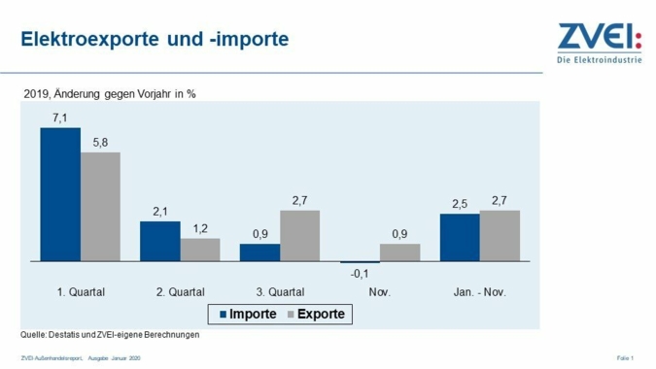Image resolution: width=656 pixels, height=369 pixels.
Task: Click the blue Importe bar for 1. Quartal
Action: pyautogui.click(x=60, y=194)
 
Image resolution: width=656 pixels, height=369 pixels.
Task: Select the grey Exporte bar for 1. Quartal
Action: pyautogui.click(x=100, y=207)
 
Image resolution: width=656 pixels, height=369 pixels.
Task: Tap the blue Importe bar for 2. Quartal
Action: pyautogui.click(x=160, y=242)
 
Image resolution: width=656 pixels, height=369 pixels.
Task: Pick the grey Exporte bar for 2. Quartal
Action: pyautogui.click(x=200, y=251)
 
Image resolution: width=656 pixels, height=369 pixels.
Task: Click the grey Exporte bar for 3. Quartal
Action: pyautogui.click(x=299, y=236)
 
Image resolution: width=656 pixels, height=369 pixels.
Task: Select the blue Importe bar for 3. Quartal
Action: pyautogui.click(x=259, y=252)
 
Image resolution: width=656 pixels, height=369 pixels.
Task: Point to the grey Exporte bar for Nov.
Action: pyautogui.click(x=399, y=252)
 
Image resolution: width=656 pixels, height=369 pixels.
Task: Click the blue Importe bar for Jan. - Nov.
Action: pyautogui.click(x=460, y=238)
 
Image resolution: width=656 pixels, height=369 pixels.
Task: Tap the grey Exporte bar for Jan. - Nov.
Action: pyautogui.click(x=500, y=236)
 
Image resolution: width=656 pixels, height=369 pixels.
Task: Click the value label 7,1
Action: pyautogui.click(x=60, y=118)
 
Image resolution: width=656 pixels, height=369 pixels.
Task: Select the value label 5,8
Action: pyautogui.click(x=100, y=143)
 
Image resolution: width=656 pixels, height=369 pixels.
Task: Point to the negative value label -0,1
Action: pyautogui.click(x=360, y=274)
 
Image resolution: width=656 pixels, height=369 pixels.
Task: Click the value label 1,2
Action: pyautogui.click(x=200, y=229)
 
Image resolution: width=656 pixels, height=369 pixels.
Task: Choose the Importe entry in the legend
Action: pyautogui.click(x=247, y=315)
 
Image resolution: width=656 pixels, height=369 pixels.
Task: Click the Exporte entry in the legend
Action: pyautogui.click(x=314, y=315)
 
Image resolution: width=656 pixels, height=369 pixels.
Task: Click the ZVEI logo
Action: pyautogui.click(x=599, y=45)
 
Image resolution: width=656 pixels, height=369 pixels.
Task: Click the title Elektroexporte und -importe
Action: pyautogui.click(x=155, y=41)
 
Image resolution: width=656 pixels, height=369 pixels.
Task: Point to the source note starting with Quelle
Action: pyautogui.click(x=110, y=335)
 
